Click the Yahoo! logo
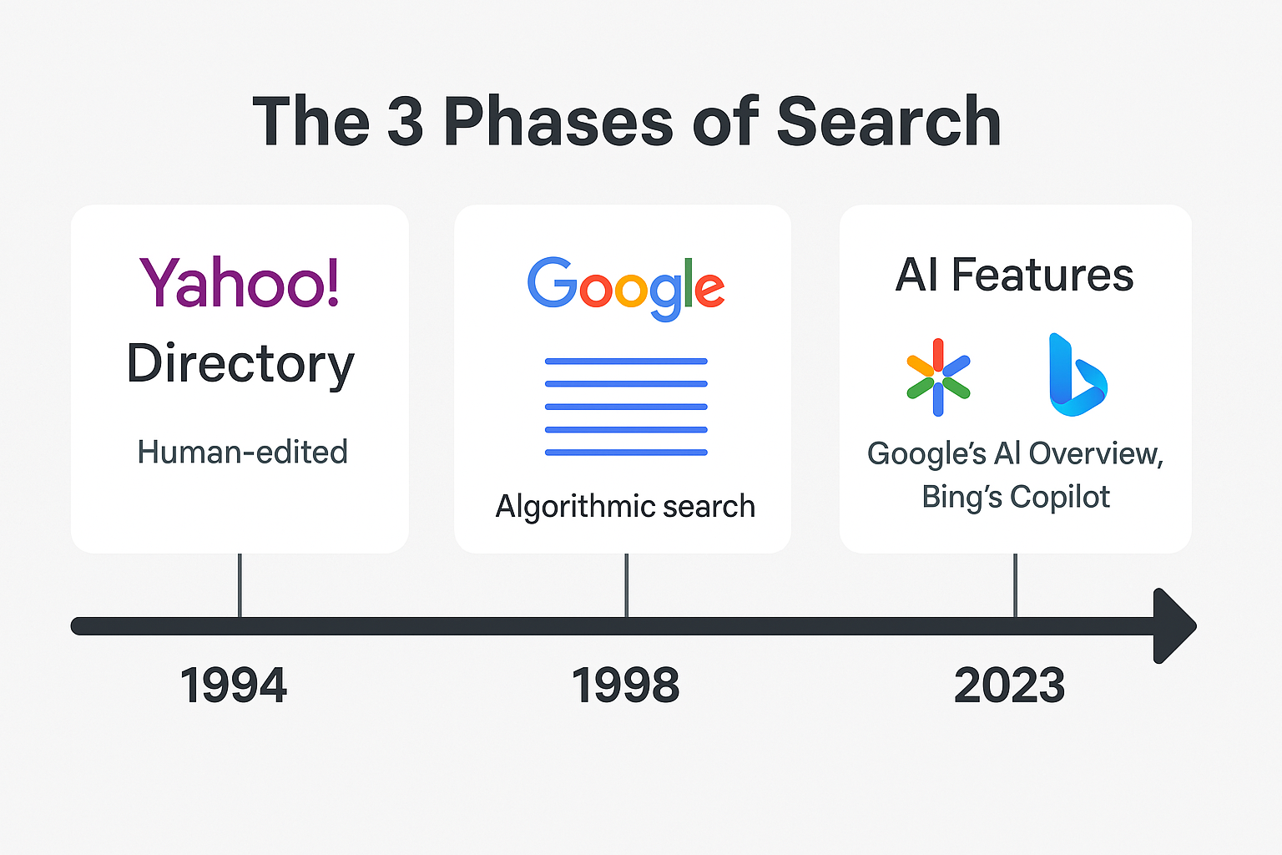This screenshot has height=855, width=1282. (x=240, y=281)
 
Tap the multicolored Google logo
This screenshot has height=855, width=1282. (x=625, y=288)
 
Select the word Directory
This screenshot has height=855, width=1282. (x=240, y=365)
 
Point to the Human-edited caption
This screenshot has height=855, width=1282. (x=242, y=452)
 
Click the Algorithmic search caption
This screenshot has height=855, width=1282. (x=625, y=506)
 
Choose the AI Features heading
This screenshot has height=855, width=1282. (x=1014, y=275)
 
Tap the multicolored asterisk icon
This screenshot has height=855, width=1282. (x=938, y=377)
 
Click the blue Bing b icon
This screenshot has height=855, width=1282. (x=1078, y=375)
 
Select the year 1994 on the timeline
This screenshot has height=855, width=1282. (x=233, y=685)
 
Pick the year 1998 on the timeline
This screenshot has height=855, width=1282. (x=625, y=685)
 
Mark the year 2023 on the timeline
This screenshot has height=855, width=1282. (x=1009, y=685)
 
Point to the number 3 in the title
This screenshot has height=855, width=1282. (x=405, y=121)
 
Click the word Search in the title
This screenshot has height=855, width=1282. (x=889, y=121)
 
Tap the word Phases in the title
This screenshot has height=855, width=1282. (x=558, y=121)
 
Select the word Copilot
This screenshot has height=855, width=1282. (x=1059, y=497)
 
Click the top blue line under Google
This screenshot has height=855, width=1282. (x=626, y=362)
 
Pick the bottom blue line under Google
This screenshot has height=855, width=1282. (x=626, y=453)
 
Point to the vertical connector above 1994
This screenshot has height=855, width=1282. (x=240, y=585)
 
